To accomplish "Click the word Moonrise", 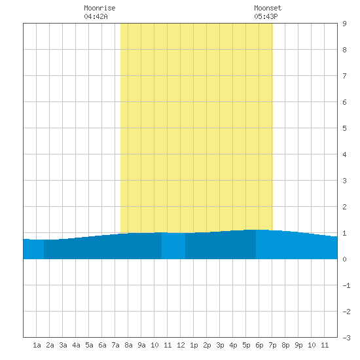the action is click(99, 8).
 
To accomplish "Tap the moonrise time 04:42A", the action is click(96, 16).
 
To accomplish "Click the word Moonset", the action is click(268, 8).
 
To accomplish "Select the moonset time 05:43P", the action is click(266, 16).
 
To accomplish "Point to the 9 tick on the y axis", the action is click(344, 24).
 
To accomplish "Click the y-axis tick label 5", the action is click(344, 128).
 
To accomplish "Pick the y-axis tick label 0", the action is click(344, 259).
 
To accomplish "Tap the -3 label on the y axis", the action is click(346, 338).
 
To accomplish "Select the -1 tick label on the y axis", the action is click(346, 285).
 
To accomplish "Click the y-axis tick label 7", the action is click(344, 76).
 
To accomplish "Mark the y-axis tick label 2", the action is click(344, 207).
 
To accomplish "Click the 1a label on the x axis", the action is click(37, 345).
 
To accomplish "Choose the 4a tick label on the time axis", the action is click(76, 345).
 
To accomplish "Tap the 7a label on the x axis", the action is click(115, 345).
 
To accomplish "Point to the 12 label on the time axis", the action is click(181, 345).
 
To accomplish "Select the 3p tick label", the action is click(220, 345).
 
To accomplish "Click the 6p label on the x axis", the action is click(259, 345).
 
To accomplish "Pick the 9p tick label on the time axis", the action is click(298, 345).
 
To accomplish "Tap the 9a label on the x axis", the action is click(141, 345).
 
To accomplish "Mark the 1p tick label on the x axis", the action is click(194, 345).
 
